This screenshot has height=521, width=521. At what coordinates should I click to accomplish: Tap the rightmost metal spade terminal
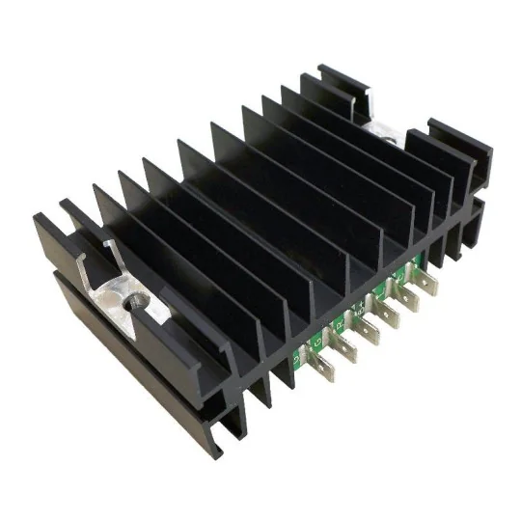pyautogui.click(x=425, y=287)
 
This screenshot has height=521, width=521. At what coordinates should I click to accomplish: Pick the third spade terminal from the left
pyautogui.click(x=367, y=330)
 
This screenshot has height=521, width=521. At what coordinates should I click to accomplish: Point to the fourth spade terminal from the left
pyautogui.click(x=388, y=315)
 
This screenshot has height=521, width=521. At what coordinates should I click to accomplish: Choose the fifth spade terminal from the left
pyautogui.click(x=407, y=300)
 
